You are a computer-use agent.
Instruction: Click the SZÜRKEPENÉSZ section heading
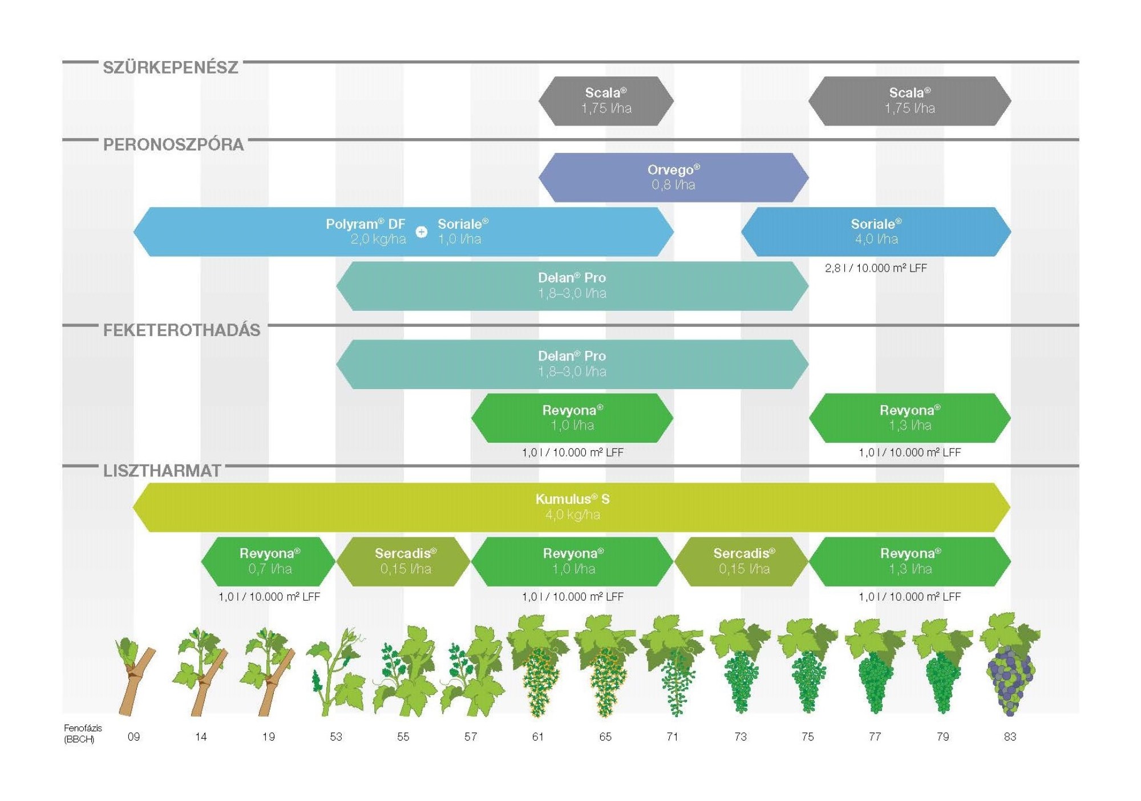170,67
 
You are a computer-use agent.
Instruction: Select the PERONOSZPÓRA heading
173,144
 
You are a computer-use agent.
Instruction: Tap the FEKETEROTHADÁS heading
181,330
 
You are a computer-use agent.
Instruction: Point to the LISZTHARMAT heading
162,471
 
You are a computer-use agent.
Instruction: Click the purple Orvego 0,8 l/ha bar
673,177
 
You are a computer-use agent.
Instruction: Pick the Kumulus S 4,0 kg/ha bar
572,507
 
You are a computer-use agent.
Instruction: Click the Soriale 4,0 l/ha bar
876,232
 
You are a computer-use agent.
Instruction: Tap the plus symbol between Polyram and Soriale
422,232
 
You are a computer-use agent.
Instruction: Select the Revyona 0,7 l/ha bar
269,561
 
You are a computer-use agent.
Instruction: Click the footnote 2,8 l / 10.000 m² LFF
876,268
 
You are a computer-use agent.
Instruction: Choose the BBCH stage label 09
133,737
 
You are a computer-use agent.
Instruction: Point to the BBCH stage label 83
1010,737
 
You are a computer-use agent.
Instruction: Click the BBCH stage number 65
605,737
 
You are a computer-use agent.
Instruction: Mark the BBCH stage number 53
336,737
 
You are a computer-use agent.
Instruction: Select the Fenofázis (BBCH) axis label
83,734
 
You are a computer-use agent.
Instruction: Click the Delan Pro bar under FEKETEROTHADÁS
572,364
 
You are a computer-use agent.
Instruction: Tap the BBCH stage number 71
673,737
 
